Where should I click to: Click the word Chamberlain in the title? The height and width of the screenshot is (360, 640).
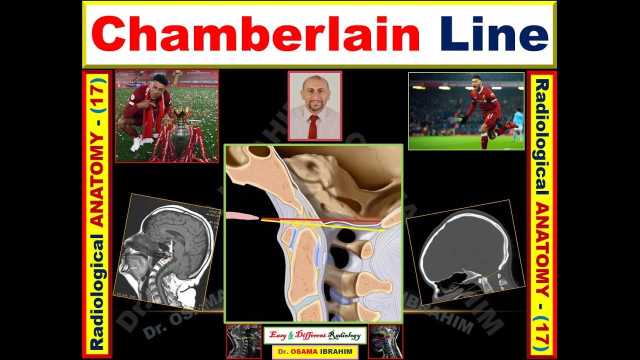[x=255, y=34]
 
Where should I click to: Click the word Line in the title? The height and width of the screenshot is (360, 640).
[x=494, y=34]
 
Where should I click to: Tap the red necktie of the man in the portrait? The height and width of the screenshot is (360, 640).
[x=313, y=126]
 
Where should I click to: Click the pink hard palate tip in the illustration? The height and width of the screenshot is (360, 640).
[x=242, y=216]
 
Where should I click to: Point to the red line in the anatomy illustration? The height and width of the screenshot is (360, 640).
[x=320, y=219]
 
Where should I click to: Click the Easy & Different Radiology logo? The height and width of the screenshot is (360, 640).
[x=315, y=335]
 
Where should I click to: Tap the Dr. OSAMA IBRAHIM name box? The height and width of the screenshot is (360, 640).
[x=315, y=352]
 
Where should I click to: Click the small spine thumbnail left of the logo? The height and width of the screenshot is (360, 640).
[x=243, y=341]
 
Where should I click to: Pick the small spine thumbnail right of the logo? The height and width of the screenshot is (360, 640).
[x=385, y=341]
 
